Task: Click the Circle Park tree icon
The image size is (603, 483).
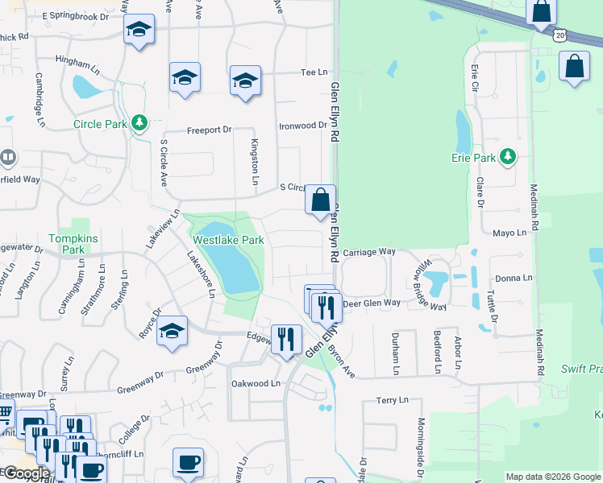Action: tap(140, 122)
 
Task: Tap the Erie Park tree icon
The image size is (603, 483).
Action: tap(508, 156)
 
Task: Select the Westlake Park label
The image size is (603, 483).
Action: tap(228, 240)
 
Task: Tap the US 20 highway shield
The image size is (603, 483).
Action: tap(560, 35)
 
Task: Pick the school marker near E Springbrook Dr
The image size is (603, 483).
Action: tap(139, 30)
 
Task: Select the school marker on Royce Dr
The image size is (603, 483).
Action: tap(172, 331)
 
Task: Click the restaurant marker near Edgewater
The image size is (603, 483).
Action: tap(285, 338)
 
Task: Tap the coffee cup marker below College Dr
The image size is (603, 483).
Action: tap(188, 462)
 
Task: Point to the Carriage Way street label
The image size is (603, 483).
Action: tap(369, 252)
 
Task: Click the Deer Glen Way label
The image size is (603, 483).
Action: tap(372, 303)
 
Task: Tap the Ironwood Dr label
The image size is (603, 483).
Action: tap(302, 126)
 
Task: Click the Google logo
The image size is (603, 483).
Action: tap(26, 473)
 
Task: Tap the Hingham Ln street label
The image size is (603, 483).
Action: tap(77, 60)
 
